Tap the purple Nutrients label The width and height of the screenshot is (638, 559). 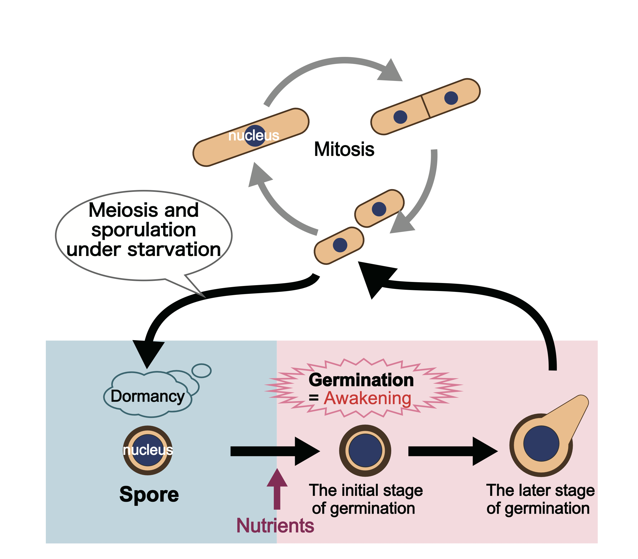coord(275,525)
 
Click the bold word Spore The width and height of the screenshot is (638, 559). coord(149,495)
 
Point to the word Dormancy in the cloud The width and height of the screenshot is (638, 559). coord(148,396)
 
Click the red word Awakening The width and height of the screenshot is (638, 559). coord(367,398)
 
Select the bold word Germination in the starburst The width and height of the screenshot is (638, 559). coord(361,380)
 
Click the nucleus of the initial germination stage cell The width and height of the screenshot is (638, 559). coord(365,451)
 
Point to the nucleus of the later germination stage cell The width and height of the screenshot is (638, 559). coord(541,443)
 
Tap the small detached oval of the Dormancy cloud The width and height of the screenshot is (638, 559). coord(202,371)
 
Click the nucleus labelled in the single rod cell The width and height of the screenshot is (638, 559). coord(255,136)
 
